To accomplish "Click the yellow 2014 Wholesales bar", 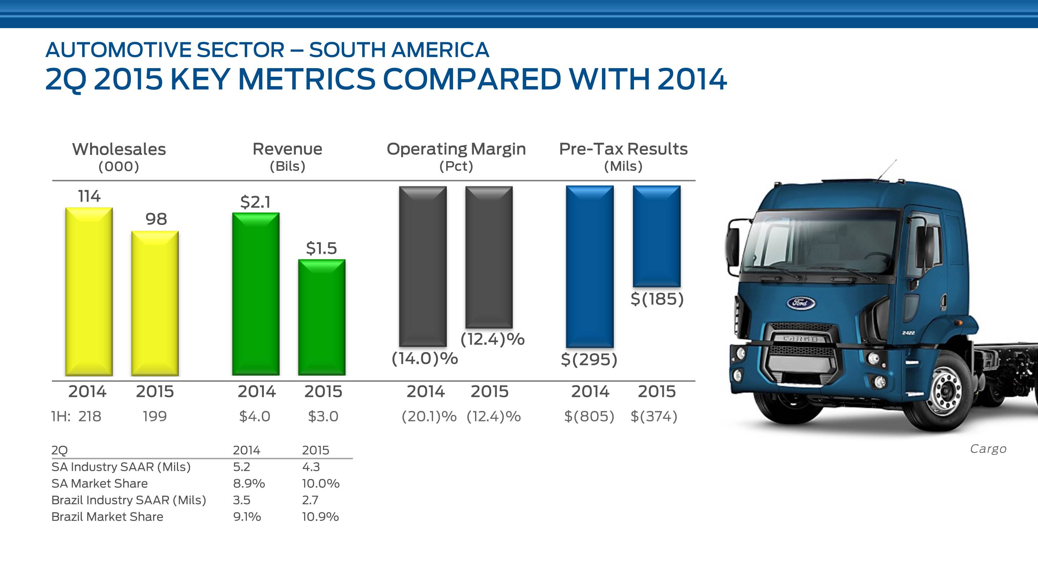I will pos(89,291).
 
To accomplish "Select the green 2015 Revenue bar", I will pos(321,317).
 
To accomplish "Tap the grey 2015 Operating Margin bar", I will pos(489,257).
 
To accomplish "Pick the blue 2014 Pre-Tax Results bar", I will pos(590,266).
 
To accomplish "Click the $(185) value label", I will pos(657,299).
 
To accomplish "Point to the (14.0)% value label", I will pos(425,358).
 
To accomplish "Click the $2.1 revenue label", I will pos(256,202).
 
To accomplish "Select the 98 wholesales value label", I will pos(156,219).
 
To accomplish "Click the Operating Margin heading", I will pos(456,149).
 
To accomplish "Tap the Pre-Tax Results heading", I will pos(623,149).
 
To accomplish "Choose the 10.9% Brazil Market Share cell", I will pos(320,517).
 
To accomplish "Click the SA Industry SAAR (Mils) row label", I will pos(121,467).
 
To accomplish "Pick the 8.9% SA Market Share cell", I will pos(249,483).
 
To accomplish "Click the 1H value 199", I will pos(155,416).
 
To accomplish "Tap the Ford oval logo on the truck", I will pos(800,303).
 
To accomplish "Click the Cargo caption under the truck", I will pos(988,449).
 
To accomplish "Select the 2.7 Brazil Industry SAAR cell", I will pos(310,500).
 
